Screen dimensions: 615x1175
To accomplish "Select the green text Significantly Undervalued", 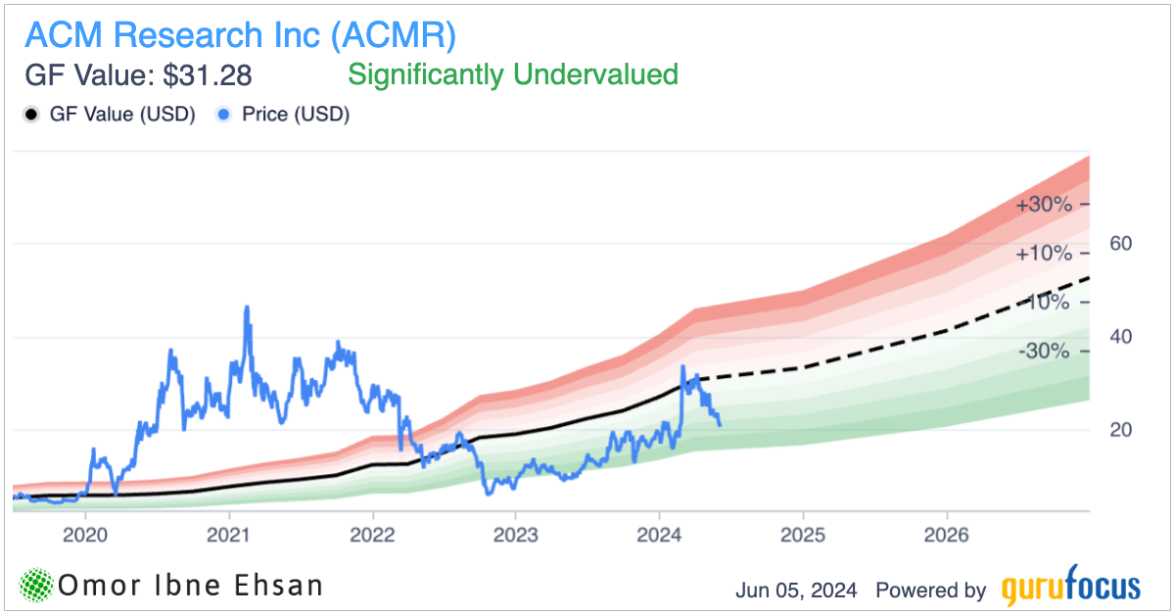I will pyautogui.click(x=513, y=74).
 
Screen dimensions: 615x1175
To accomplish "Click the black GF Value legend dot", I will pyautogui.click(x=30, y=115).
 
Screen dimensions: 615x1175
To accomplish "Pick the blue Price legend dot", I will pyautogui.click(x=223, y=115).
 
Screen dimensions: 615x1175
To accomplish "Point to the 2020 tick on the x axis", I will pyautogui.click(x=85, y=535).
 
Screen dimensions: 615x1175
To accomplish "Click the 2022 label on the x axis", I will pyautogui.click(x=372, y=535).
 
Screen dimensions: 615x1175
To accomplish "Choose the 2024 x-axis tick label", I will pyautogui.click(x=659, y=535).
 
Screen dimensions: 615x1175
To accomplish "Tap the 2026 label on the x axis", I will pyautogui.click(x=946, y=535).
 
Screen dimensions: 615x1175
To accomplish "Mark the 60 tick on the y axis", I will pyautogui.click(x=1120, y=243).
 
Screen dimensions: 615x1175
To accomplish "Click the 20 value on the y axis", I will pyautogui.click(x=1120, y=430).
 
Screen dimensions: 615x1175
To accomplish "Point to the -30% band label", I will pyautogui.click(x=1044, y=351).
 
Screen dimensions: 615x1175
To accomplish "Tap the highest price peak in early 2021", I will pyautogui.click(x=246, y=307).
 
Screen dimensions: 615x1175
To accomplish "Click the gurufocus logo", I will pyautogui.click(x=1071, y=588).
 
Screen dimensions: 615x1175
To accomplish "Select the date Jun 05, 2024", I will pyautogui.click(x=796, y=591).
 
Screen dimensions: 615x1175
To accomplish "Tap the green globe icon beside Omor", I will pyautogui.click(x=35, y=586).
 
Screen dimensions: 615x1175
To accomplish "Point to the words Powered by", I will pyautogui.click(x=930, y=591).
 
